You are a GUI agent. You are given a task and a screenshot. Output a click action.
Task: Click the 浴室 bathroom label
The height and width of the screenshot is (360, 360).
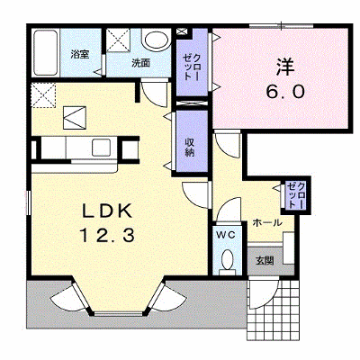(80, 54)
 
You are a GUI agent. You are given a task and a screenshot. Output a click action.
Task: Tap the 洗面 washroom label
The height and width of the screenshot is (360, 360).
(141, 63)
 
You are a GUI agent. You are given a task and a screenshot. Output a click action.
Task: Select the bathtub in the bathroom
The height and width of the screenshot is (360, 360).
(45, 53)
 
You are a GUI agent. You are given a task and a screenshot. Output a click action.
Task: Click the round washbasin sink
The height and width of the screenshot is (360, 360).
(156, 40)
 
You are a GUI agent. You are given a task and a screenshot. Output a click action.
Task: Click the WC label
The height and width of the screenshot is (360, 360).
(226, 236)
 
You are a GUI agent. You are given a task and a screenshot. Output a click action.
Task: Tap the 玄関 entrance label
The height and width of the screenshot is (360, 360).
(265, 260)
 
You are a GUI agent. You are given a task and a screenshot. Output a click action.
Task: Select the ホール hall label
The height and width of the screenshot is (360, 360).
(267, 223)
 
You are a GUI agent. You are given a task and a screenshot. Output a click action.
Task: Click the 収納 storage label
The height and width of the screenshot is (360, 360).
(190, 147)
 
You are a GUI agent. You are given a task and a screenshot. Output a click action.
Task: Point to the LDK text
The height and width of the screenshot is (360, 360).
(107, 211)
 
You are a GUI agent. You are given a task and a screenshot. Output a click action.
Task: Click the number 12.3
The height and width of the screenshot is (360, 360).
(106, 235)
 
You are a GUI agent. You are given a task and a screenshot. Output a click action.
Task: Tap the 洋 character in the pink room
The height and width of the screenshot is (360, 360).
(285, 67)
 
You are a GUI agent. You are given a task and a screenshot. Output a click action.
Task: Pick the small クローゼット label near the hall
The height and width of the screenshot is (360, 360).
(296, 196)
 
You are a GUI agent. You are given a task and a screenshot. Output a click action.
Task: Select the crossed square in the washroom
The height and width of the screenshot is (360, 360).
(118, 40)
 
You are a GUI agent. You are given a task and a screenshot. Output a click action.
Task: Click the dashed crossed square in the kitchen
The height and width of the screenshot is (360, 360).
(44, 95)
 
